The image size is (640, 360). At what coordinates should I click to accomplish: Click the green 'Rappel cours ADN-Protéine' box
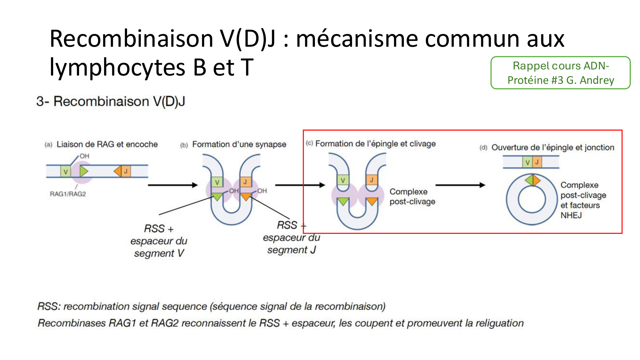coord(560,73)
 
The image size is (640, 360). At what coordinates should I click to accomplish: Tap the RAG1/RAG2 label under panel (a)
coord(68,194)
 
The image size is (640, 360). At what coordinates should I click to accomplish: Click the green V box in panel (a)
coord(65,172)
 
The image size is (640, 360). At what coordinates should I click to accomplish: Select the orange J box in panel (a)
coord(126,171)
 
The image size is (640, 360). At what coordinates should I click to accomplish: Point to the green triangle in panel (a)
coord(84,171)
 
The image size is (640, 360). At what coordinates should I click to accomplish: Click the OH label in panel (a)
coord(84,156)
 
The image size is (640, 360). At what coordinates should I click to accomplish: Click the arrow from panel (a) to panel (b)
coord(172,185)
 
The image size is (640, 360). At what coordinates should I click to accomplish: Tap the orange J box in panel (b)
coord(245,182)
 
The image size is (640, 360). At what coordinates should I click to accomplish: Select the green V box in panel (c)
coord(343,180)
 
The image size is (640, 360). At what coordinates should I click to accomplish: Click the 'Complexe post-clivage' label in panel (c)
coord(412,196)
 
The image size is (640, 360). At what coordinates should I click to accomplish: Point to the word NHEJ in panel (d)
coord(571,215)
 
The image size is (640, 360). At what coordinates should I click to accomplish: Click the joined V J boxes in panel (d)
coord(532,162)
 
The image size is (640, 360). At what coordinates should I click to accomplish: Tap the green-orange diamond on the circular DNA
coord(532,180)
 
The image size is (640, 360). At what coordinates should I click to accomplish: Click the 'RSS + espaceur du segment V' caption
coord(159,241)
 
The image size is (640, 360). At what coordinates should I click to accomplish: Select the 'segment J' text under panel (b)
coord(292,250)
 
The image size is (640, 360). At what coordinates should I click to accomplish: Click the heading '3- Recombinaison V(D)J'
coord(111,101)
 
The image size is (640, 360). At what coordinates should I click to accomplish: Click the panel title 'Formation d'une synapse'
coord(239,144)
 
